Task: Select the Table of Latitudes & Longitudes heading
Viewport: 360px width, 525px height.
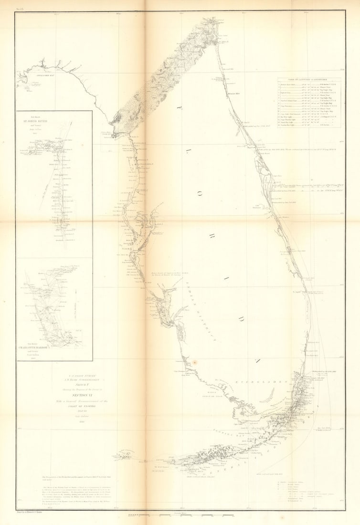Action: [309, 80]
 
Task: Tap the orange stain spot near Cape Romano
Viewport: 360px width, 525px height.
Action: [194, 363]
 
